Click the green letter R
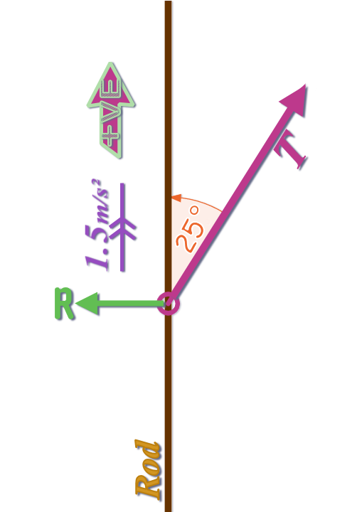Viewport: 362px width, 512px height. point(64,304)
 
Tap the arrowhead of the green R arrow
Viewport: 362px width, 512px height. point(87,304)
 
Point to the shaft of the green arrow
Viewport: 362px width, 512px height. point(131,304)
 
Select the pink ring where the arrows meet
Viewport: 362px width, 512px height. point(169,304)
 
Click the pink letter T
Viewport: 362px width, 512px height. point(290,153)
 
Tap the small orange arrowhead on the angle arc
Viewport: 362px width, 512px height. point(176,198)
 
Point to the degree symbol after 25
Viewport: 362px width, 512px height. point(194,210)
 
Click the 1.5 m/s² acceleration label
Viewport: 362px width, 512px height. point(96,225)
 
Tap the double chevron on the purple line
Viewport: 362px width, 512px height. point(122,229)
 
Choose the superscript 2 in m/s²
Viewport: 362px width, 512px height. point(96,183)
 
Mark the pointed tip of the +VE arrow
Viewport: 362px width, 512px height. point(111,63)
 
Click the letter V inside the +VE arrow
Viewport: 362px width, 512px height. point(110,110)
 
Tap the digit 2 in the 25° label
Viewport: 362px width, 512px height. point(185,244)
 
